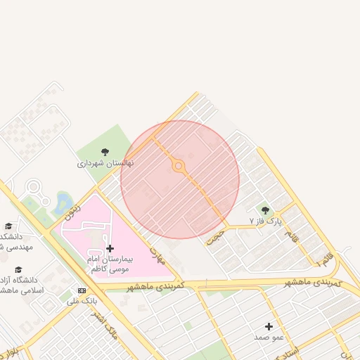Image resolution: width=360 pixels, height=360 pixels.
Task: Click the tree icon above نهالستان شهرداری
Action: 105,152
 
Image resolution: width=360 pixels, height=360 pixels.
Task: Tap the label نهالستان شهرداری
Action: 105,164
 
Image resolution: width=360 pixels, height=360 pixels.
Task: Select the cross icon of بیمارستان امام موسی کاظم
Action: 110,248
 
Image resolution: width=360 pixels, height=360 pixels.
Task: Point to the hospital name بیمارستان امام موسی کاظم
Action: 110,264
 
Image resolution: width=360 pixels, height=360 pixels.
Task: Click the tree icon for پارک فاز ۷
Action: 265,210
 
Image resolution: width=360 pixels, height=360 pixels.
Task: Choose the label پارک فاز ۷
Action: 265,221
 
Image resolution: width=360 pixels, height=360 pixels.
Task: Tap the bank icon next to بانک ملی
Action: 82,290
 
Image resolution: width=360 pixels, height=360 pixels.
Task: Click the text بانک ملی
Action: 82,301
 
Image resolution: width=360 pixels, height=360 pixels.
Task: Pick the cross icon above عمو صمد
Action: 269,326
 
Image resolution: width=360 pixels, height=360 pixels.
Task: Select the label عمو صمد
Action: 269,337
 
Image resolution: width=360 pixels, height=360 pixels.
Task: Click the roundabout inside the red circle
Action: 179,167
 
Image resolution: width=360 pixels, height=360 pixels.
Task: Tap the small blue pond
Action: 63,202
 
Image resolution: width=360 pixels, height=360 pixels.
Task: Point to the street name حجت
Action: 214,236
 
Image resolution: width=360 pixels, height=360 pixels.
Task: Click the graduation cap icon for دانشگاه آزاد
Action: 18,269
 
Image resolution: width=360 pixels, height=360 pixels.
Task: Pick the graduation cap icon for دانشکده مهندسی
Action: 8,226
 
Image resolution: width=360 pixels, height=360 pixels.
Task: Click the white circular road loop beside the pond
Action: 33,187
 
